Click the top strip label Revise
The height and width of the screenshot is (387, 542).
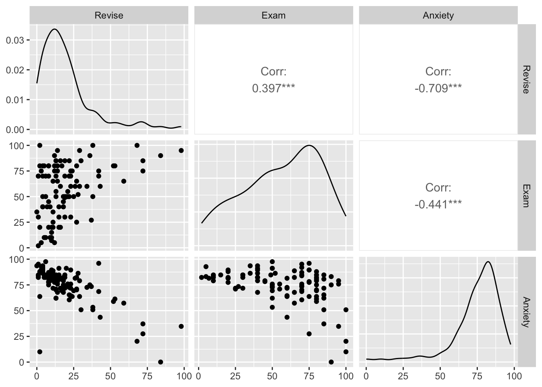pyautogui.click(x=108, y=16)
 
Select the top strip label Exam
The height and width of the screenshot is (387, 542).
pyautogui.click(x=273, y=16)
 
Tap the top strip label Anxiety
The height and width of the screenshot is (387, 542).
pyautogui.click(x=438, y=16)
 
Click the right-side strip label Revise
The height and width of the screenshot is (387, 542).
pyautogui.click(x=525, y=79)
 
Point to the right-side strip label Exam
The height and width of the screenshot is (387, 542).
pyautogui.click(x=525, y=196)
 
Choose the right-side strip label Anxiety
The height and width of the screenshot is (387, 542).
pyautogui.click(x=525, y=312)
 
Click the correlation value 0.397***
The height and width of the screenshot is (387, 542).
pyautogui.click(x=273, y=88)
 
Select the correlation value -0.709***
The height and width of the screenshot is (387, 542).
pyautogui.click(x=438, y=88)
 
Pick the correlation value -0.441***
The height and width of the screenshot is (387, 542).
pyautogui.click(x=438, y=204)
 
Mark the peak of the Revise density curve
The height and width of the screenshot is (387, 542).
pyautogui.click(x=54, y=29)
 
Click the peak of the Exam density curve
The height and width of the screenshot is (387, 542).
pyautogui.click(x=309, y=145)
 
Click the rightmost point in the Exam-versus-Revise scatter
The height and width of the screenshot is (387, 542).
pyautogui.click(x=181, y=150)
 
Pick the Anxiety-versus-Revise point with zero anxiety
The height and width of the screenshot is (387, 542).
pyautogui.click(x=161, y=362)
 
